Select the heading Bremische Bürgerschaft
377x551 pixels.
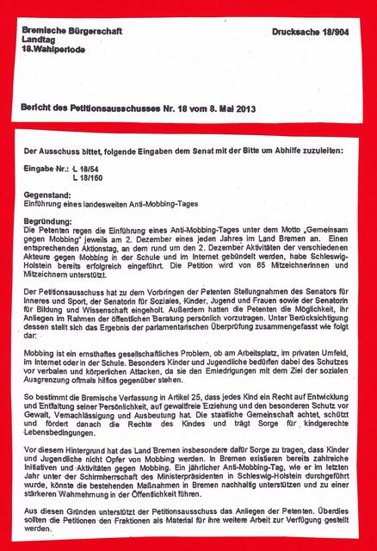click(x=73, y=31)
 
